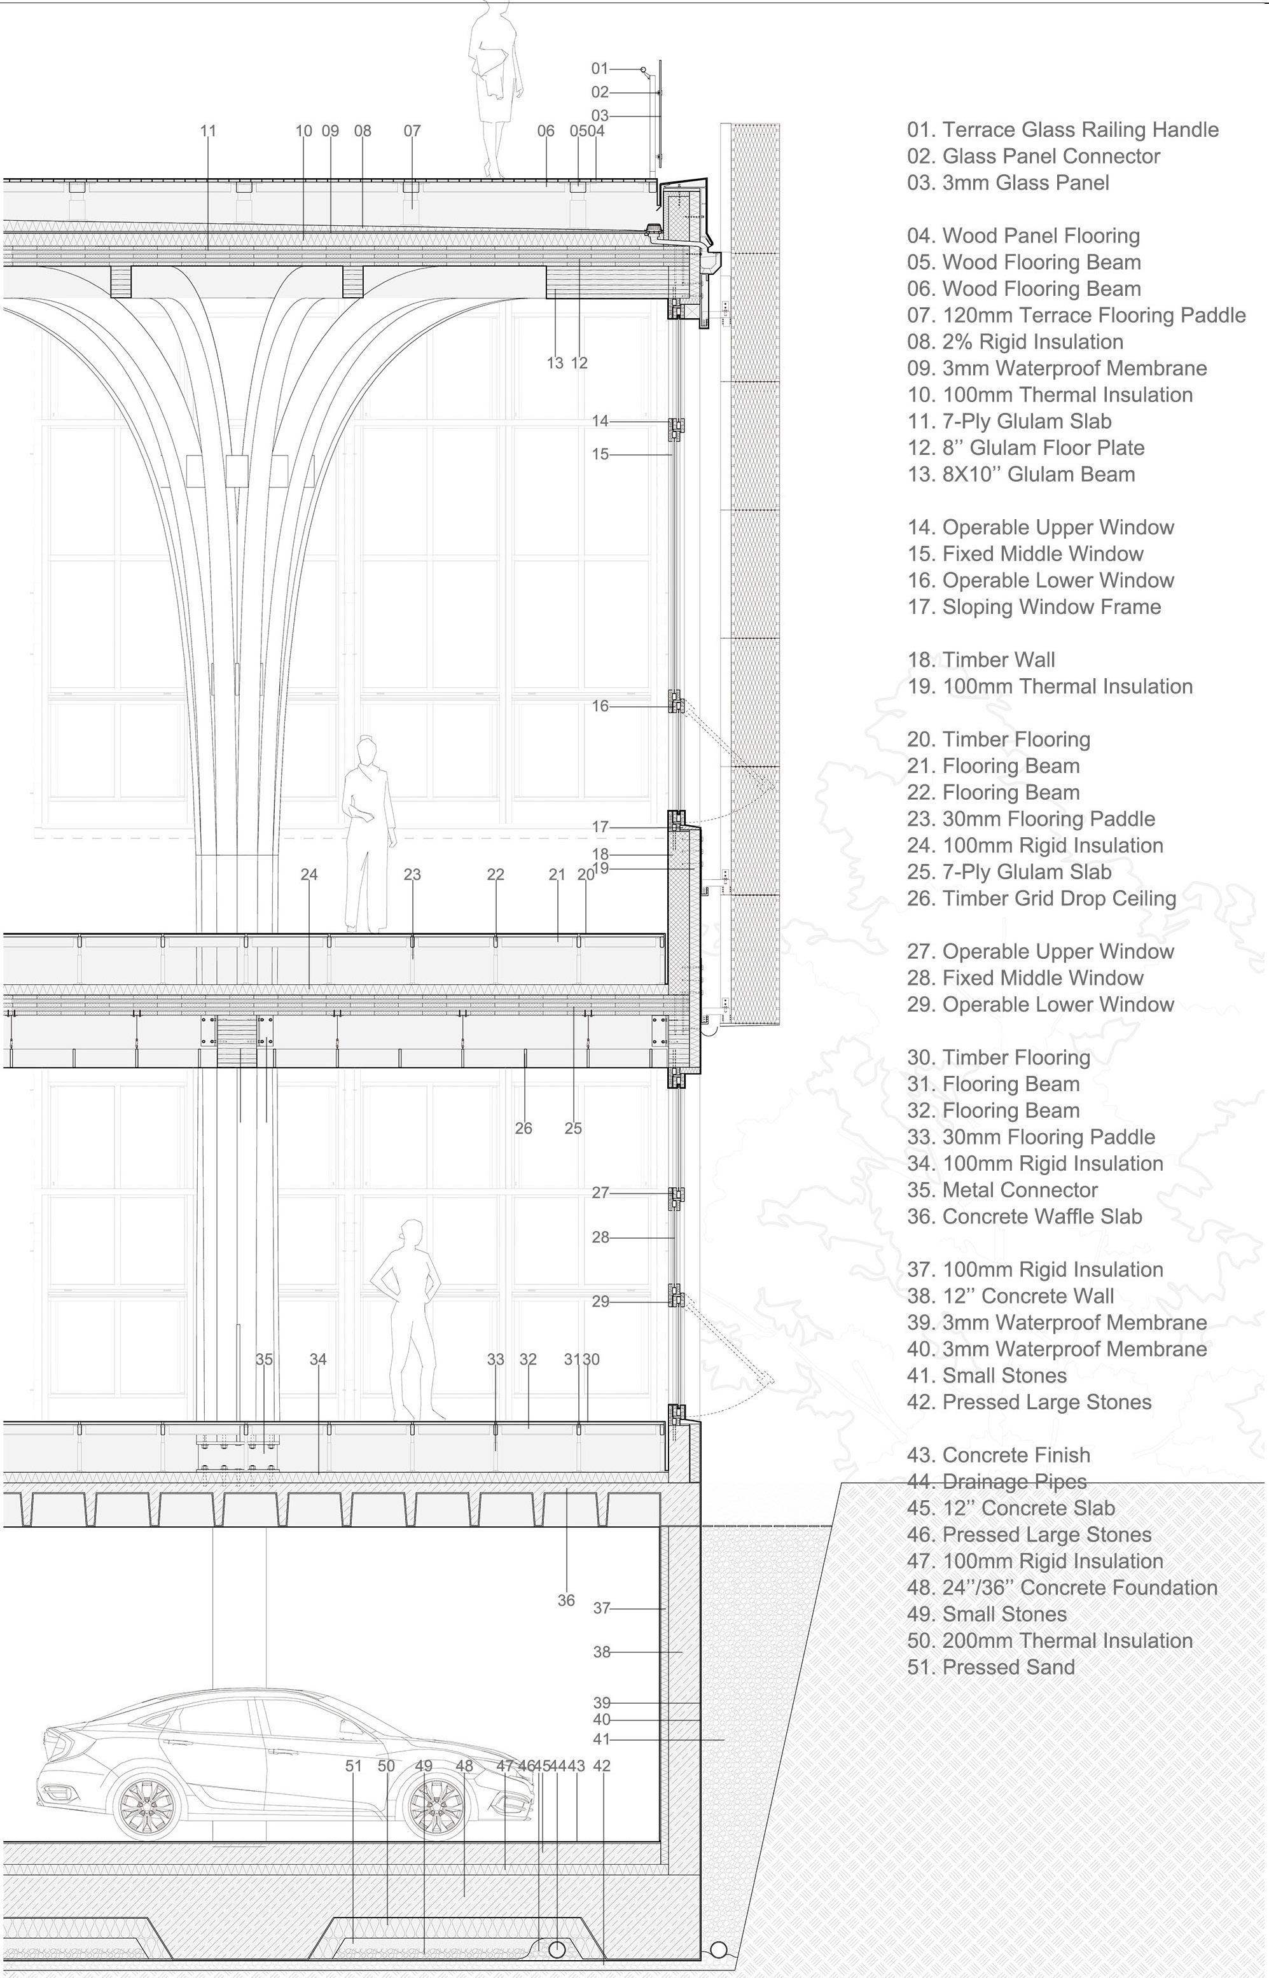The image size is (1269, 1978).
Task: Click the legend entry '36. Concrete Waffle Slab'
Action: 1024,1216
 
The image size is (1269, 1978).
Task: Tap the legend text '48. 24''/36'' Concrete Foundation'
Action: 1062,1587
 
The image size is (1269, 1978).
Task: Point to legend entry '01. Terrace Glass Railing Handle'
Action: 1062,129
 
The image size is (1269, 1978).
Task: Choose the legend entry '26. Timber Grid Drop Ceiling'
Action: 1041,898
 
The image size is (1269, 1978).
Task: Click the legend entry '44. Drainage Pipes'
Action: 997,1482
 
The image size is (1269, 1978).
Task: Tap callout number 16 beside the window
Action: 600,706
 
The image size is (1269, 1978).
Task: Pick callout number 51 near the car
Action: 354,1766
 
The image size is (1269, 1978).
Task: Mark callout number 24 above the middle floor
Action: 309,874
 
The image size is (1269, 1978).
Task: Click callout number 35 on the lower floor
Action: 264,1359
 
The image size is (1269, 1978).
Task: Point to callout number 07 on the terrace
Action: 412,130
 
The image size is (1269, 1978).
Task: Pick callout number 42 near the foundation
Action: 602,1766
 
